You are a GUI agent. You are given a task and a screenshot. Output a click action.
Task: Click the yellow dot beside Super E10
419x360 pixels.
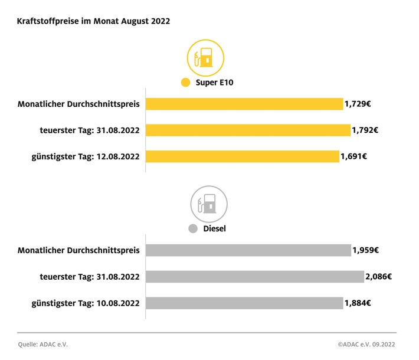186,83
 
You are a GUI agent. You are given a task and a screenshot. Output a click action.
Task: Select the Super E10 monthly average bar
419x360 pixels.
244,104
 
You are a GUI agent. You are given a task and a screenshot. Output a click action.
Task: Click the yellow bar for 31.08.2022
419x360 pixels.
248,130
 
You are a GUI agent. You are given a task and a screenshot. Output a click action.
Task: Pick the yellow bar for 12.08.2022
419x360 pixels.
243,157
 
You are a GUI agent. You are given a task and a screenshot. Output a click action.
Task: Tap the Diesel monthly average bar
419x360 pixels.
248,250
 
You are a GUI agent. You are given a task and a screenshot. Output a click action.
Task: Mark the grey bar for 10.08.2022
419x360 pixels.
244,303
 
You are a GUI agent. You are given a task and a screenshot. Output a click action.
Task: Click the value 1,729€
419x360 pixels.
358,104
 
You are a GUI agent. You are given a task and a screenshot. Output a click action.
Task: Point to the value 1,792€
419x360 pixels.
365,130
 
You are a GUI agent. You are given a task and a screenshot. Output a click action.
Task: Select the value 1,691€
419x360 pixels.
354,157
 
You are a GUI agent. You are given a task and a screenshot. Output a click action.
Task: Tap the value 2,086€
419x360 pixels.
379,276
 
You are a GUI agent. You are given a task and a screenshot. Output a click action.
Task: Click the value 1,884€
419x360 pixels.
358,303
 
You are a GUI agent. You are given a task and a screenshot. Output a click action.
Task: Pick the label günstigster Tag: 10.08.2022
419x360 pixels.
86,303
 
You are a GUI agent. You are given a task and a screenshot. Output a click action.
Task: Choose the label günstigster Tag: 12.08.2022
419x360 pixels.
86,157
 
